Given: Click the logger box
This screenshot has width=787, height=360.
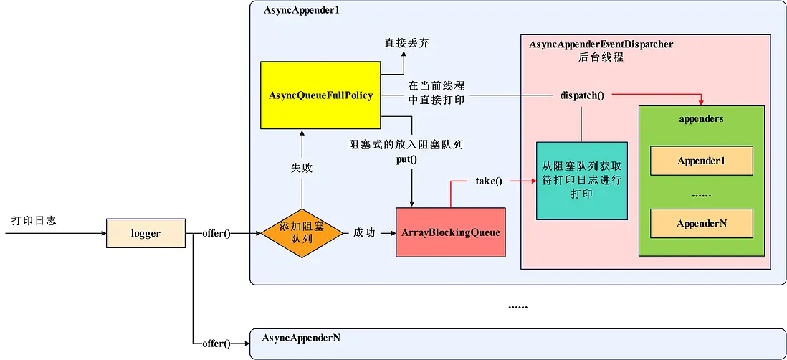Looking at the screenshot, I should pyautogui.click(x=146, y=233).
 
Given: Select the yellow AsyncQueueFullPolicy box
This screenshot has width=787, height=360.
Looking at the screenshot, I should pyautogui.click(x=320, y=95).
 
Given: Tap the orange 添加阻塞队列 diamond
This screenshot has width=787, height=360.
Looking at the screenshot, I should pyautogui.click(x=302, y=233).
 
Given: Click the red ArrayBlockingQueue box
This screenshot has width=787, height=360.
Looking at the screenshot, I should pyautogui.click(x=450, y=232).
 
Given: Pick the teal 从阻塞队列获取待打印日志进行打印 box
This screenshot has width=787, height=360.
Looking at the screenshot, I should pyautogui.click(x=581, y=181).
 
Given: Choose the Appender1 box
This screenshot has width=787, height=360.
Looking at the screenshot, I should pyautogui.click(x=701, y=161).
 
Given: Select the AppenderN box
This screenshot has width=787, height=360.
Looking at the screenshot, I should pyautogui.click(x=701, y=223).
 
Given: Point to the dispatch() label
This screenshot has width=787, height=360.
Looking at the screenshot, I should pyautogui.click(x=581, y=95).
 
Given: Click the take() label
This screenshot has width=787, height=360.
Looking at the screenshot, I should pyautogui.click(x=488, y=181).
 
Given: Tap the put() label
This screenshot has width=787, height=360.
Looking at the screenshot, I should pyautogui.click(x=406, y=158).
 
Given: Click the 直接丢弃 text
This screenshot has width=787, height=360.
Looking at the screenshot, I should pyautogui.click(x=406, y=44).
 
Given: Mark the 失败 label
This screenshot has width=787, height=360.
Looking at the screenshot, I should pyautogui.click(x=302, y=168).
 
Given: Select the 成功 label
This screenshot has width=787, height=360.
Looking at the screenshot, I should pyautogui.click(x=363, y=233).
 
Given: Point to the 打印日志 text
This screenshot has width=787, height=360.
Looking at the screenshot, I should pyautogui.click(x=34, y=220).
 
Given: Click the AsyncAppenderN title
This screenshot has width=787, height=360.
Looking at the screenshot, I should pyautogui.click(x=301, y=337).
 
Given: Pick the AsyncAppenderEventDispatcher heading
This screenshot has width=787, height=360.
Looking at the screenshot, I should pyautogui.click(x=601, y=44).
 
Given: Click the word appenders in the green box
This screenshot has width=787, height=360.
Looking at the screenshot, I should pyautogui.click(x=700, y=118).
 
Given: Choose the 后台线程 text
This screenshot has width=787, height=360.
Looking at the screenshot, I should pyautogui.click(x=601, y=57).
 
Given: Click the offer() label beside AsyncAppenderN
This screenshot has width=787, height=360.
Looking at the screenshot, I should pyautogui.click(x=216, y=344).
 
